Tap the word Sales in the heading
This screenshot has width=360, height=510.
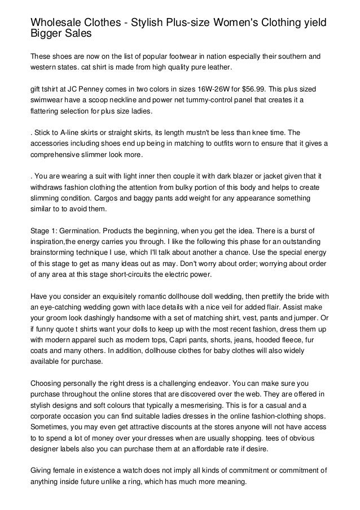point(75,33)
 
